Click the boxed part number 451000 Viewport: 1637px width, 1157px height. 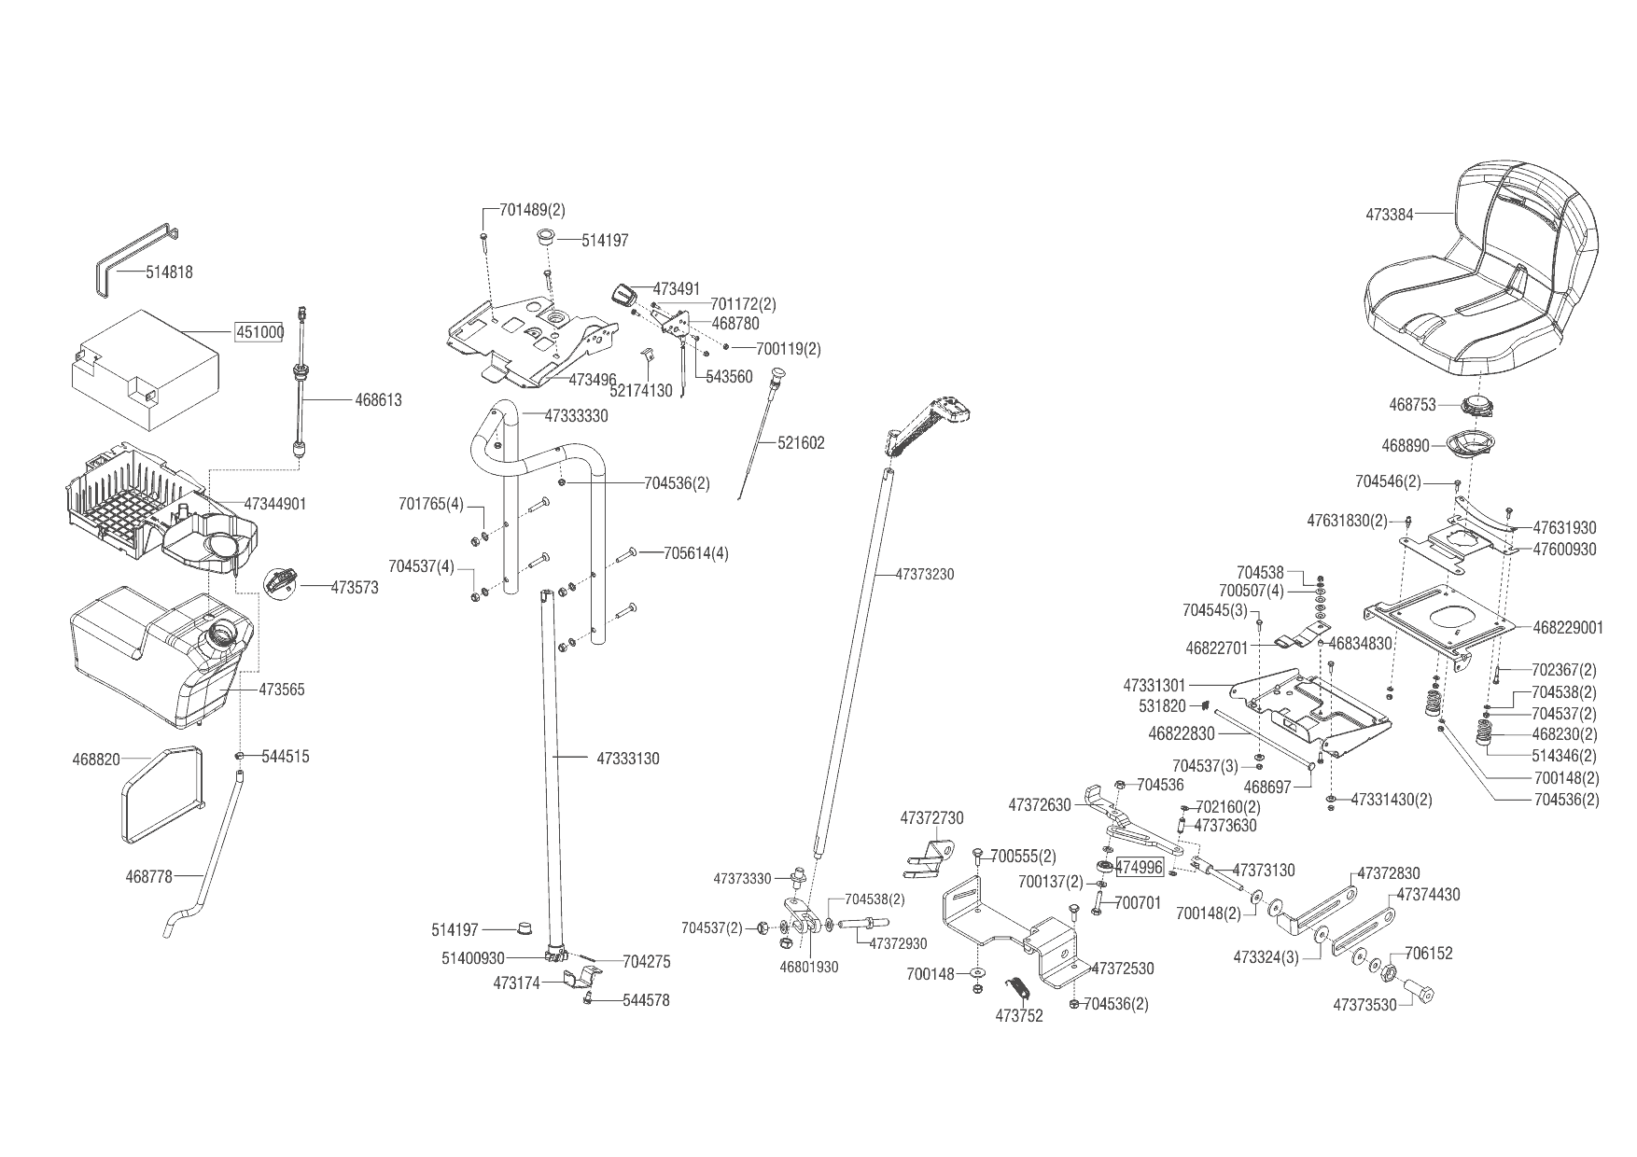point(259,333)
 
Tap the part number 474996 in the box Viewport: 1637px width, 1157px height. point(1140,868)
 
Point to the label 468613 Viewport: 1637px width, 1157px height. point(378,400)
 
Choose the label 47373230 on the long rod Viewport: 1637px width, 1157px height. point(924,575)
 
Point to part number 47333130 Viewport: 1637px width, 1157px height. point(627,759)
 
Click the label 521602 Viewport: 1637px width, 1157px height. point(801,443)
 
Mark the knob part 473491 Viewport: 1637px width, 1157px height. point(623,294)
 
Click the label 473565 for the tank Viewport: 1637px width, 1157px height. point(281,690)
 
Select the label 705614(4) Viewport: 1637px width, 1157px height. point(695,553)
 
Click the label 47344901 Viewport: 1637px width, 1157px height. point(274,504)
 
